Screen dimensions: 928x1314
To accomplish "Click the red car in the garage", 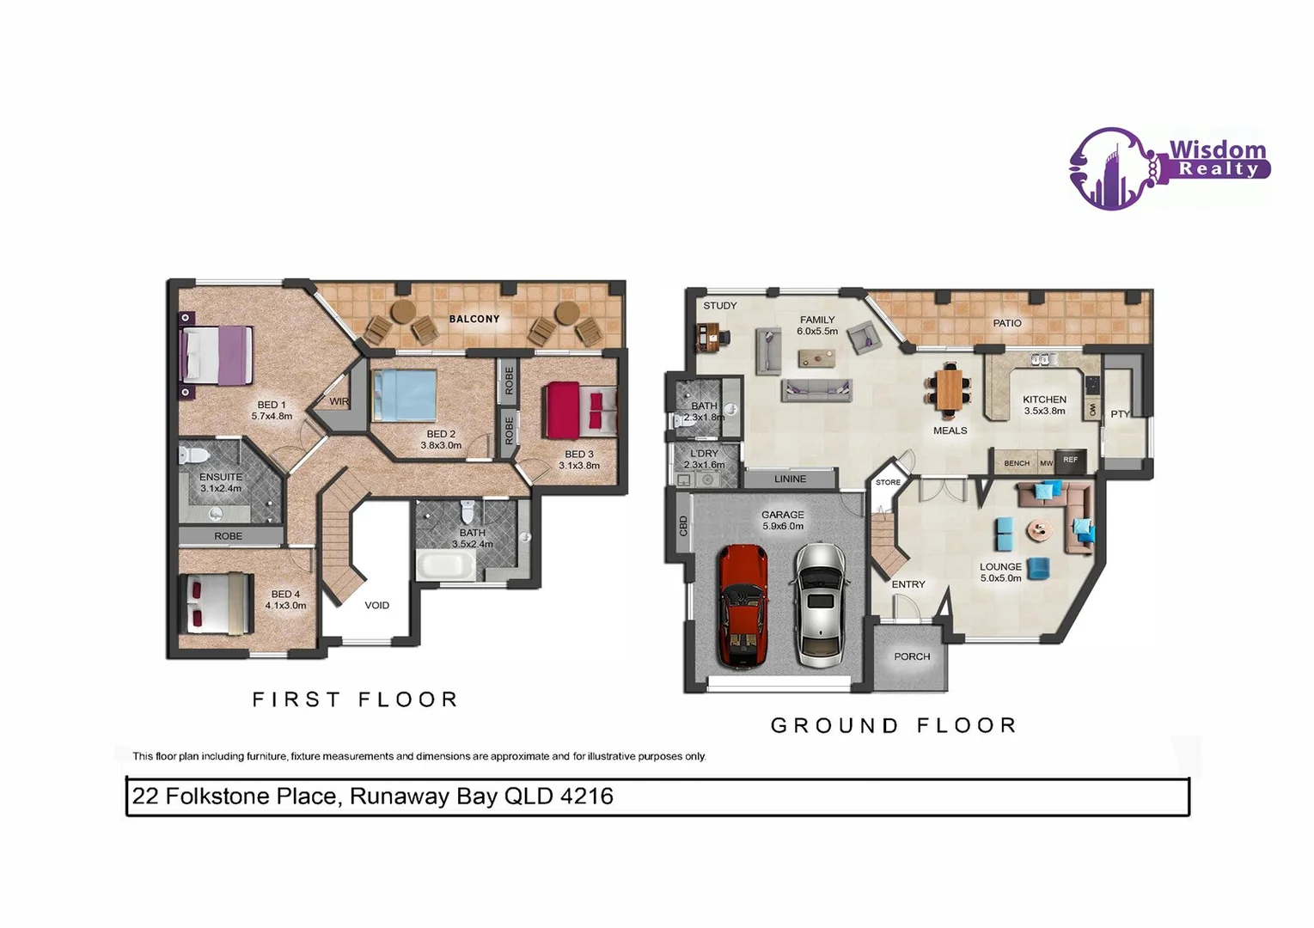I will (x=743, y=607).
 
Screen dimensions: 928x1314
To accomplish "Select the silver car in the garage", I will (x=820, y=605).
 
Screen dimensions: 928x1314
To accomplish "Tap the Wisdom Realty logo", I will (x=1169, y=168).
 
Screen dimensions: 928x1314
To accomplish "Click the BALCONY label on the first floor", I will (x=474, y=319).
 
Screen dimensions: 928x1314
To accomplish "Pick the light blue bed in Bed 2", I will (x=405, y=394).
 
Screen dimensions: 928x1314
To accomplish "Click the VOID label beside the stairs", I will (x=376, y=606).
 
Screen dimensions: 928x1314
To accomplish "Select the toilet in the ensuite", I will (x=190, y=454).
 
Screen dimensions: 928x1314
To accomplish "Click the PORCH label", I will (x=912, y=656).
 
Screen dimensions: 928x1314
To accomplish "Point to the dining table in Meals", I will (x=948, y=388).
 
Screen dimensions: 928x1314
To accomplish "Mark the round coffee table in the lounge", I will (x=1038, y=530).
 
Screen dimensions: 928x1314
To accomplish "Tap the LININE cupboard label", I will (x=790, y=479).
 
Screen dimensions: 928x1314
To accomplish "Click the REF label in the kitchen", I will (x=1070, y=461).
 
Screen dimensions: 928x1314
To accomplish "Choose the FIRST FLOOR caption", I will (x=355, y=699).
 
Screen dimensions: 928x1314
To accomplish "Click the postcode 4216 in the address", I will (x=587, y=797).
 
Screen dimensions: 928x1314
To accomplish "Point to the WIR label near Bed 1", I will (x=339, y=401).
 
